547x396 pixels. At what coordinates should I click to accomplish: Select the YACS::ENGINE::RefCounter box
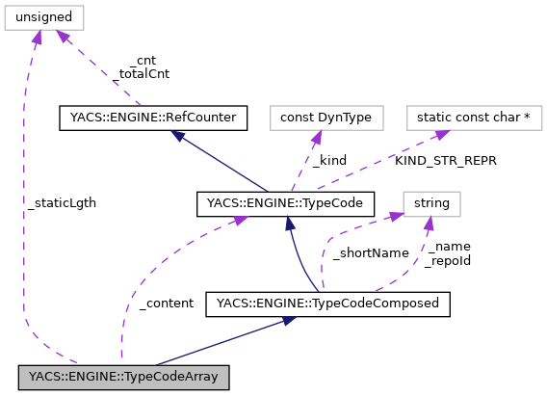tap(153, 119)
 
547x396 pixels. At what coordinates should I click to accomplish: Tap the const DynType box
tap(326, 119)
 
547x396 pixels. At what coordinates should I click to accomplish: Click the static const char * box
tap(474, 119)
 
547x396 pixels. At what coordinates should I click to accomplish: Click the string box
tap(430, 203)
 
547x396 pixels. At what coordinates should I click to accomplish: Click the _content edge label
tap(166, 304)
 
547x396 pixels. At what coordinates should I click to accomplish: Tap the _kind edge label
tap(327, 161)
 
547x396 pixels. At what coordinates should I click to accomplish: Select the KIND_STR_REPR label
tap(445, 161)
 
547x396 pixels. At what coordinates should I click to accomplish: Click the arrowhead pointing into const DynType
tap(315, 136)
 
